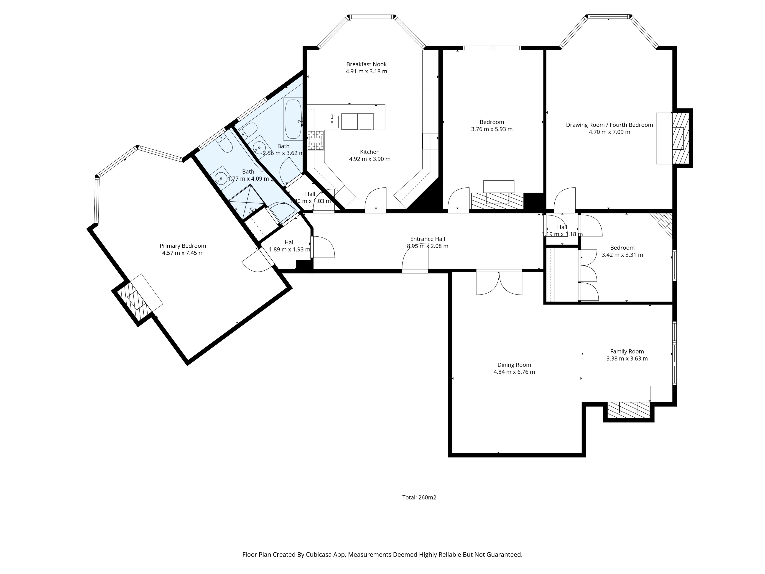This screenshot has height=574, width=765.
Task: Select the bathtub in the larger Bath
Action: click(293, 119)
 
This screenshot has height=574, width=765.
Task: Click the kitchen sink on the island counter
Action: click(332, 122)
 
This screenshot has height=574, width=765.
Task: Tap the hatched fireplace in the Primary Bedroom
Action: click(135, 300)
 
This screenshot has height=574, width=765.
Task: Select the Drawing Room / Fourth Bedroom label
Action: click(609, 125)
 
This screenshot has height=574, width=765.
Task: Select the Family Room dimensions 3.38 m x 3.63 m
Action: click(627, 359)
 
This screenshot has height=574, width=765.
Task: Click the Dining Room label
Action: click(514, 365)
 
